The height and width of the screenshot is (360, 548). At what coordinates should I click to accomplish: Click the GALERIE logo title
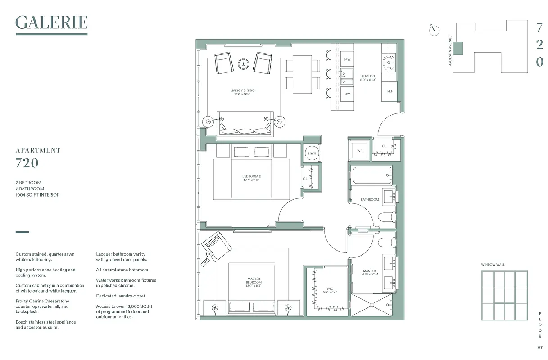tap(51, 23)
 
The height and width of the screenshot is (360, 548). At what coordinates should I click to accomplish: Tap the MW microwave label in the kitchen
tap(347, 60)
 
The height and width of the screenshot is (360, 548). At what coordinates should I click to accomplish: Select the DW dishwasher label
tap(347, 94)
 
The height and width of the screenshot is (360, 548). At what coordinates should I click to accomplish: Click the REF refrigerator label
tap(389, 91)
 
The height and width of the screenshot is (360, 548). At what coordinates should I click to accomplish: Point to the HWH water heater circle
tap(312, 153)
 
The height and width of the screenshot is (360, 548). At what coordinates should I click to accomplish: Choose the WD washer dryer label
tap(360, 151)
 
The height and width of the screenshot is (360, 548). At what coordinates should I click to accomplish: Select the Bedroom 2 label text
tap(251, 178)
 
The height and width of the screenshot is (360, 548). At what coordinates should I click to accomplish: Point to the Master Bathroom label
tap(369, 272)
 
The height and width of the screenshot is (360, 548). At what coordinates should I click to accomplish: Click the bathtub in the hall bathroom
tap(372, 175)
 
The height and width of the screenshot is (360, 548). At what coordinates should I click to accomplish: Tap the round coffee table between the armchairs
tap(244, 64)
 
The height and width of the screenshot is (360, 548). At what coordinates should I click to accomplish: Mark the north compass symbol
tap(435, 29)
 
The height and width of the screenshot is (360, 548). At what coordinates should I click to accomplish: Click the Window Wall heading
tap(493, 265)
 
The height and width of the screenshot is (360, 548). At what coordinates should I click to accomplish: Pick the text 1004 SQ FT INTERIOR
tap(37, 195)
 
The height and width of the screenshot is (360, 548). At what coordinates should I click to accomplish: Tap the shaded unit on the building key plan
tap(457, 49)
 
